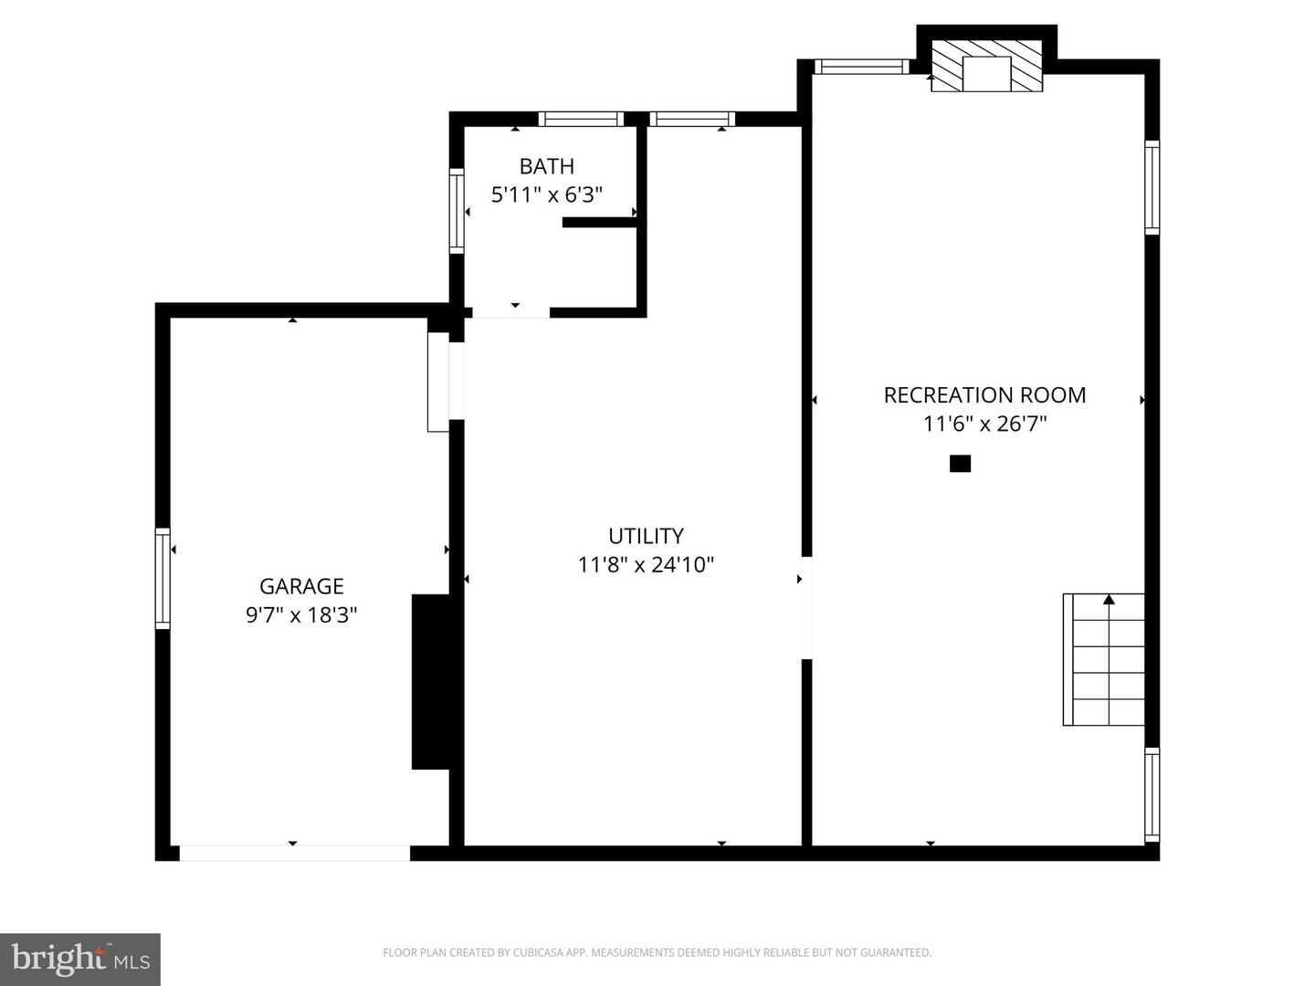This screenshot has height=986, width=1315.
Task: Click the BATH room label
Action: pos(546,166)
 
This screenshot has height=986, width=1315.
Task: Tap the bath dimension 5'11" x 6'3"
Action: pos(546,194)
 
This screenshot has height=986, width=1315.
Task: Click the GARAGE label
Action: pos(301,586)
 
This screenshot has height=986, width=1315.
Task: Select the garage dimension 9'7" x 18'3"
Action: pos(301,614)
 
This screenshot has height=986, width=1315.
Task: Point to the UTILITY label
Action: pos(646,536)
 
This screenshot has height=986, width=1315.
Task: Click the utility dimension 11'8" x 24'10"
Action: pos(646,564)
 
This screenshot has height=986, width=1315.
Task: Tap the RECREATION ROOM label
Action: pos(984,395)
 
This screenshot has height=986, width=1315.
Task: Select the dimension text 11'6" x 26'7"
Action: pos(984,424)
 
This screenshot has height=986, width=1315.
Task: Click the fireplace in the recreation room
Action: pos(986,66)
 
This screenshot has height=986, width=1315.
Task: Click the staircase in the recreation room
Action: pos(1104,659)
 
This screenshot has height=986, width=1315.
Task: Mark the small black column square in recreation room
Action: pos(960,464)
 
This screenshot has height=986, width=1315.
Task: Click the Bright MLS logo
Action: pos(80,960)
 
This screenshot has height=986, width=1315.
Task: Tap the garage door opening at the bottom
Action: pos(294,853)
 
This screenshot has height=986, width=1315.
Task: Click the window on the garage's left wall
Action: pos(163,578)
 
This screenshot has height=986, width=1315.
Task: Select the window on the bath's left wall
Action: pos(457,211)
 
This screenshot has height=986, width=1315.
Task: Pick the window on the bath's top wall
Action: pos(581,119)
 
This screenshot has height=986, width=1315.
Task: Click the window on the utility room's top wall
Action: pos(692,119)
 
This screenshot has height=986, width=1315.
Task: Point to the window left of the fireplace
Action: pos(860,66)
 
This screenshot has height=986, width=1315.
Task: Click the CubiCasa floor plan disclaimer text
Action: pos(657,953)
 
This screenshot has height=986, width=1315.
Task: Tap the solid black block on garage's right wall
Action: pos(430,681)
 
